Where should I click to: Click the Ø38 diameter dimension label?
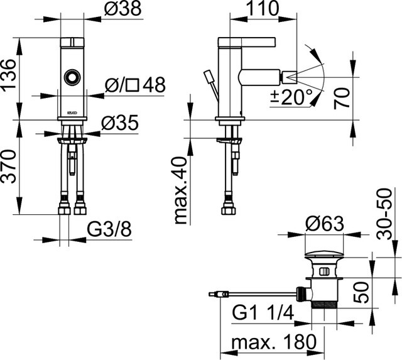coord(123,9)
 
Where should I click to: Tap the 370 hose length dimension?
coord(8,166)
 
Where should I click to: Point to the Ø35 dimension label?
coord(120,123)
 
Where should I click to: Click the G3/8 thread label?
coord(109,229)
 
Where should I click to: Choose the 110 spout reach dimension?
coord(263,9)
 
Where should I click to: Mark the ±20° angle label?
coord(291,97)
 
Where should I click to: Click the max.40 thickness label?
coord(180,191)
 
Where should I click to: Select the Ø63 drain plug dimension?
coord(324,224)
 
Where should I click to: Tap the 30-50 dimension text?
coord(385,214)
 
